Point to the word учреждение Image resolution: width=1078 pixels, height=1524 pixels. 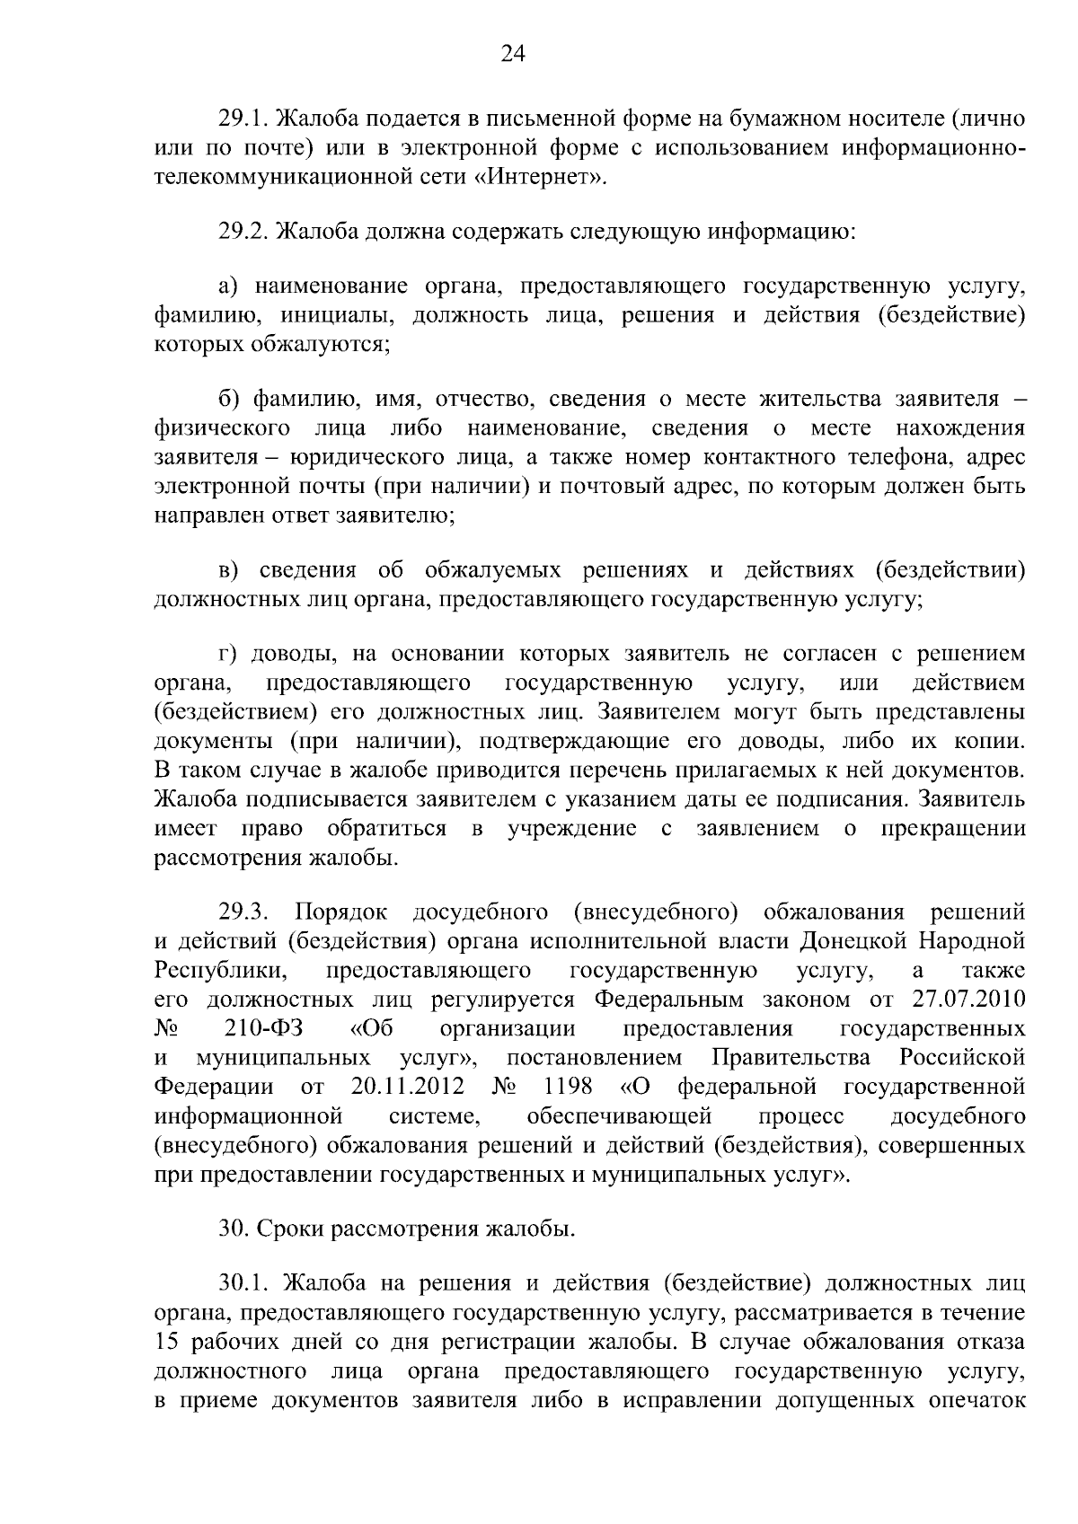[571, 828]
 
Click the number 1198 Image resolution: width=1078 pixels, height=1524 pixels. [569, 1086]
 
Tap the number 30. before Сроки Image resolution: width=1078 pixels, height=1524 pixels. [234, 1229]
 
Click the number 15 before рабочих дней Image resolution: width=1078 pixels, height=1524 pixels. [169, 1343]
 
